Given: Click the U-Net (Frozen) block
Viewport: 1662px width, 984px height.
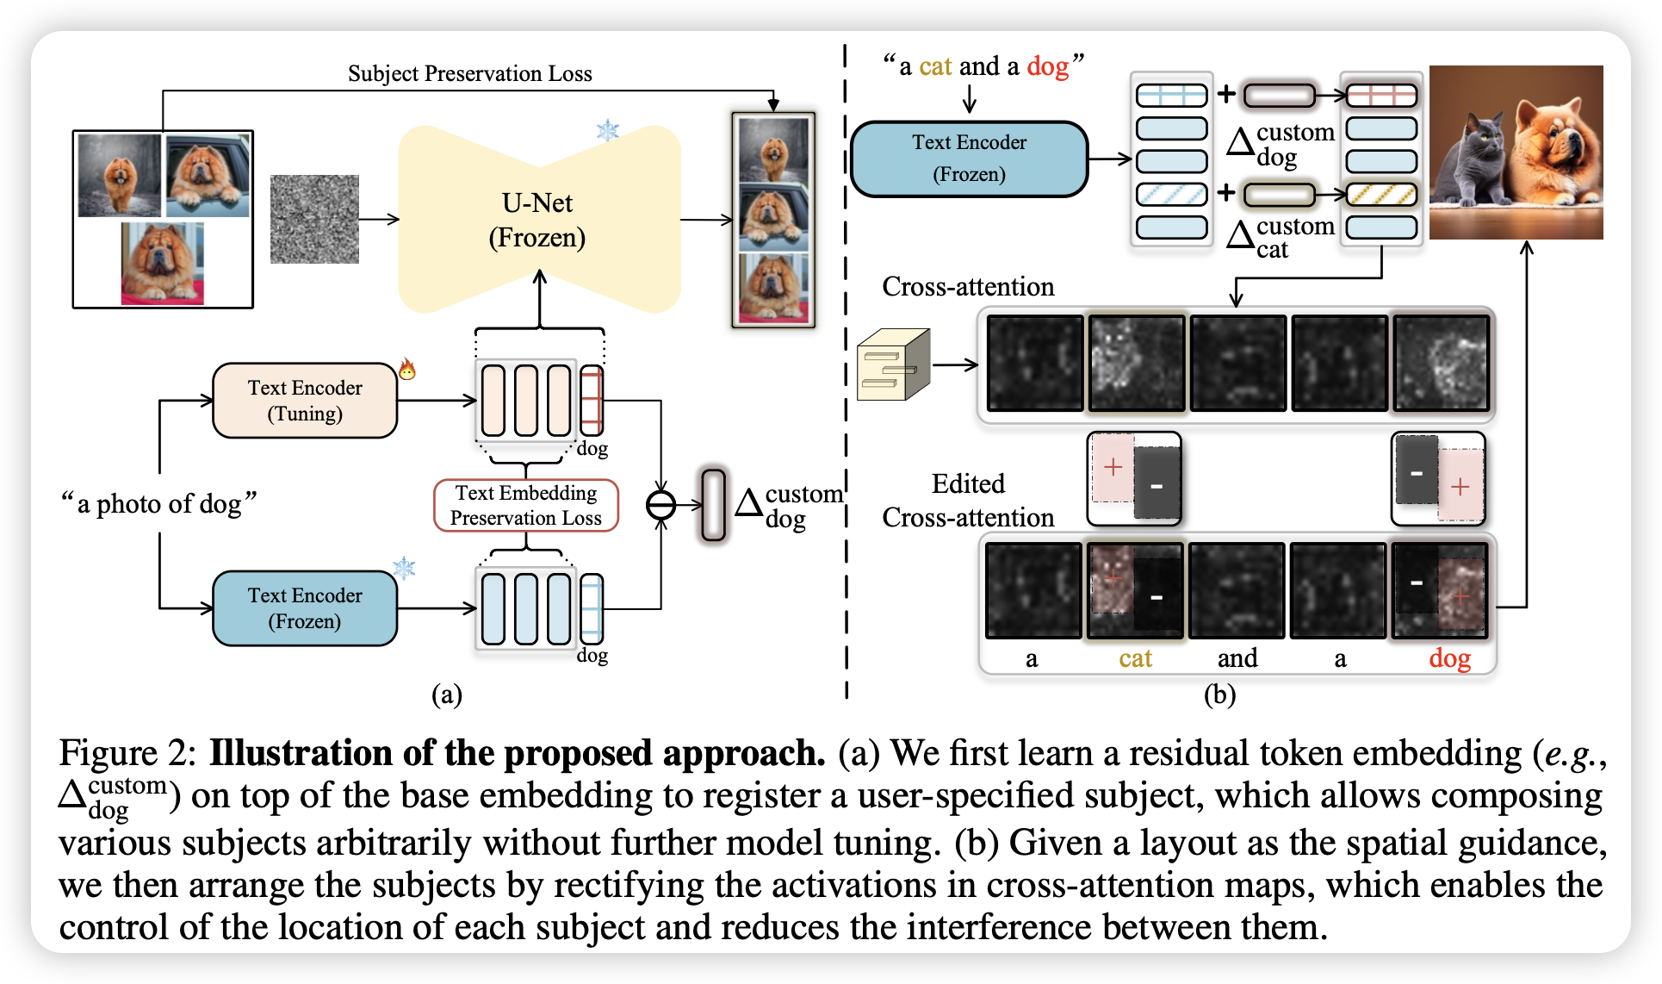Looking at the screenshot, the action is click(539, 220).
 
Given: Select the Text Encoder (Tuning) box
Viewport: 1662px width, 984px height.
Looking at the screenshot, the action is click(305, 401).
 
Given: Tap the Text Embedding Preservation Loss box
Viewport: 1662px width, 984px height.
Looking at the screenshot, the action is click(526, 505).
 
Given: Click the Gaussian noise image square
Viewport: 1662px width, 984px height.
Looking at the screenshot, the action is click(314, 219).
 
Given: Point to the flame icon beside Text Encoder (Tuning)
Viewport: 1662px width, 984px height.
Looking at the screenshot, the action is click(407, 370).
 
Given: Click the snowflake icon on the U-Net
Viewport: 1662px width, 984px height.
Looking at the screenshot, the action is click(608, 131).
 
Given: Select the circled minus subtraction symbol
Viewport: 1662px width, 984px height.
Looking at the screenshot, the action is click(661, 505).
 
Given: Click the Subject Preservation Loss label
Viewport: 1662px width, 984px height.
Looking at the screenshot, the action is click(469, 73).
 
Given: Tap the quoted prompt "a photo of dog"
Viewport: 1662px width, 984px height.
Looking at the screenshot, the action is click(158, 503).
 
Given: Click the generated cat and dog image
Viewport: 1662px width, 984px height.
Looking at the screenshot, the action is click(1516, 153).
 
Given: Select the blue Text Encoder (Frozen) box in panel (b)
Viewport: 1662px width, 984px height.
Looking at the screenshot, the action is click(969, 159).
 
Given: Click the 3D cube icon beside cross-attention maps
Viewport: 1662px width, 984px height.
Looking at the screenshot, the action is click(894, 364).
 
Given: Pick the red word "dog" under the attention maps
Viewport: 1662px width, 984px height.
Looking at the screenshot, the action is click(1450, 658).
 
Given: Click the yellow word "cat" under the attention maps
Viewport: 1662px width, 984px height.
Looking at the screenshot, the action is click(1135, 658).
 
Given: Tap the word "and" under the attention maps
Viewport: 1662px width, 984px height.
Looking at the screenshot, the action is click(1237, 658).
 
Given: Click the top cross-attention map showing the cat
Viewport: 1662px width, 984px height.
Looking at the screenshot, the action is click(1137, 363).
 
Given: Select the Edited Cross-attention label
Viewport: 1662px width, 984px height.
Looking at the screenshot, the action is click(968, 501).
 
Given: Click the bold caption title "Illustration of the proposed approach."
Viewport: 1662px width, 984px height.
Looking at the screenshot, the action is click(518, 753).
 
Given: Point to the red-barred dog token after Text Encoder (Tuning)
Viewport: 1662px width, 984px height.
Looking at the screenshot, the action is click(592, 401).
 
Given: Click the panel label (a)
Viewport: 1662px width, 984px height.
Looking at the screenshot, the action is click(447, 694).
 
